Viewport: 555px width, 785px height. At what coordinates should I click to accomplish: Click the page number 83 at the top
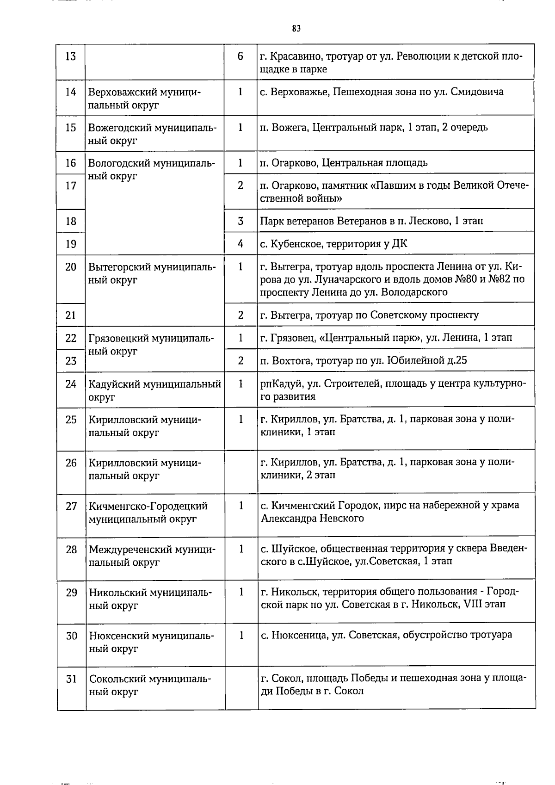[296, 29]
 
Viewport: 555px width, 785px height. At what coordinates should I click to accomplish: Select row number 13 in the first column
[71, 57]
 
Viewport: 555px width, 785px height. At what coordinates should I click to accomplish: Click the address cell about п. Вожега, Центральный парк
[374, 127]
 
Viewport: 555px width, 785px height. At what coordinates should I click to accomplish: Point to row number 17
[71, 185]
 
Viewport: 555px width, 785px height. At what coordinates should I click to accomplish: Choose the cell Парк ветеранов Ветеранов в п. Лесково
[371, 221]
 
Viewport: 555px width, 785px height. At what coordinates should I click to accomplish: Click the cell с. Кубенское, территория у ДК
[333, 243]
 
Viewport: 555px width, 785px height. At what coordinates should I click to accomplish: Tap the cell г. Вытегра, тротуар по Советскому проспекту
[369, 315]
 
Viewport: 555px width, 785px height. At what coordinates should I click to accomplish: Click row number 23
[71, 361]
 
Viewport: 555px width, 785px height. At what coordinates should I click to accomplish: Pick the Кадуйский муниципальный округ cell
[154, 390]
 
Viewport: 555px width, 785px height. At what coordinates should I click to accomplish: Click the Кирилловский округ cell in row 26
[144, 469]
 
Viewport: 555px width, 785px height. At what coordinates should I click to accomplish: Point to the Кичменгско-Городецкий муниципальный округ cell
[148, 513]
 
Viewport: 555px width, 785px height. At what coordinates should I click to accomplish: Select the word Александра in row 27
[288, 518]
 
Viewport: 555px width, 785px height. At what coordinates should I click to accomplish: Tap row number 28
[71, 550]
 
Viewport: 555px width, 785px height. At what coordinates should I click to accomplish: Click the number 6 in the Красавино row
[240, 57]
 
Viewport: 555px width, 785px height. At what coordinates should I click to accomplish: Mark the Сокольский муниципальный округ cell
[150, 686]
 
